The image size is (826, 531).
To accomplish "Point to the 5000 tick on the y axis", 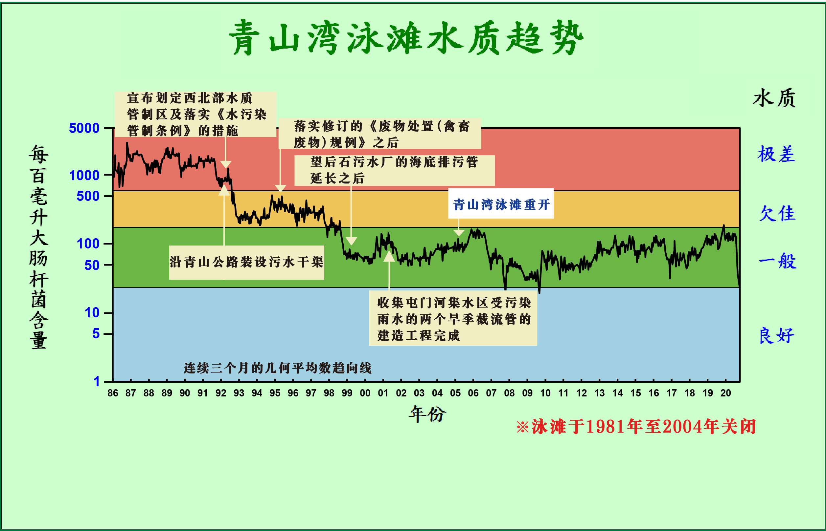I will [84, 128].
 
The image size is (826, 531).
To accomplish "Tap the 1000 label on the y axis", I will [84, 176].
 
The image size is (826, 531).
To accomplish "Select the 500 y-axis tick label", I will [88, 196].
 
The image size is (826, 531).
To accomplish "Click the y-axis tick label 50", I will [92, 265].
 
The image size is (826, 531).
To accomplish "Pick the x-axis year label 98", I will [329, 393].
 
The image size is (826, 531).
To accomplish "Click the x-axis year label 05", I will [455, 393].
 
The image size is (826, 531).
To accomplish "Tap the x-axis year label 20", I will [725, 393].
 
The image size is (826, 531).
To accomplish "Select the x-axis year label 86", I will [113, 393].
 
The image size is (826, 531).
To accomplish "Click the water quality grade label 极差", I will [777, 154].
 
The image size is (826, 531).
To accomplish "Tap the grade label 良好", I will [777, 335].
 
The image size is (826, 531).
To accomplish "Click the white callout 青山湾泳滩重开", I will [501, 204].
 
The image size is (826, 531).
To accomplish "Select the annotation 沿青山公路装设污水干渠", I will [246, 262].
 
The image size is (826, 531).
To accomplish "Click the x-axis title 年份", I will [427, 414].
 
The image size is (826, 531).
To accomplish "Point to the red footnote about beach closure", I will [636, 427].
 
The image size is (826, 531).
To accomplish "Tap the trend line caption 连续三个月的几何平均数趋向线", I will [278, 368].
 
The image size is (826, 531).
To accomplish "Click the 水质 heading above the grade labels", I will [774, 98].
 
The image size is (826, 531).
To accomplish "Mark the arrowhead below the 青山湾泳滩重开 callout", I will [459, 233].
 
